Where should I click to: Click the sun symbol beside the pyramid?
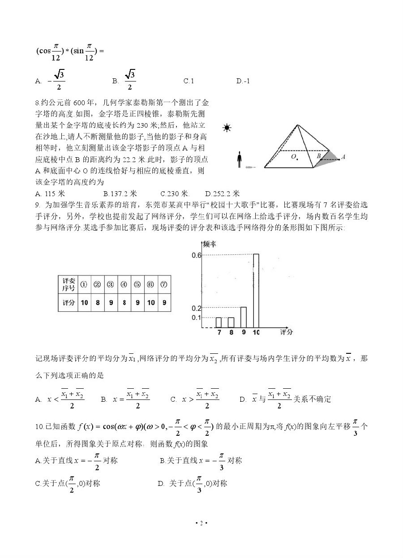coord(227,129)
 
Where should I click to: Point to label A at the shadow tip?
coord(343,157)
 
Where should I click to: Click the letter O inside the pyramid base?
coord(294,156)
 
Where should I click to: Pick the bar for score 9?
coord(244,317)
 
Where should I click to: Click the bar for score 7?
coord(219,322)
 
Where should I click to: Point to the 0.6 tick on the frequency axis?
coord(197,255)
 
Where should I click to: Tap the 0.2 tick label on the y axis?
coord(197,308)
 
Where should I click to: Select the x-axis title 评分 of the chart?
coord(287,332)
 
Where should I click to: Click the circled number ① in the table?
coord(84,284)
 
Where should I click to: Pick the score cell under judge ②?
coord(97,302)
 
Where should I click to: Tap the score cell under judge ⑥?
coord(151,302)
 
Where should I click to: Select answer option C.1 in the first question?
coord(189,81)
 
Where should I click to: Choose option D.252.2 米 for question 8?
coord(223,194)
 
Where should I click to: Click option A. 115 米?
coord(50,194)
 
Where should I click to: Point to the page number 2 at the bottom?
coord(201,523)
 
